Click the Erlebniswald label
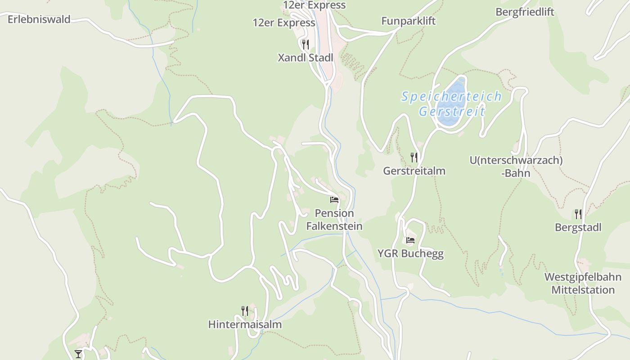[x=39, y=19]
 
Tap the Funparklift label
[x=408, y=21]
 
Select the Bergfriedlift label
[x=525, y=12]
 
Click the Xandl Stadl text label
[x=306, y=58]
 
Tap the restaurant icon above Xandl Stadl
[x=306, y=44]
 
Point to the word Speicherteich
[x=451, y=96]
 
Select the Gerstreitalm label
[x=414, y=171]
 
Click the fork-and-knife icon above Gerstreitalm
[x=414, y=157]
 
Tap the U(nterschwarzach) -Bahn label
[x=516, y=166]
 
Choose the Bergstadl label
[x=578, y=227]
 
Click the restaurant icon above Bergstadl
[x=578, y=214]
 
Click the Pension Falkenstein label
[x=334, y=220]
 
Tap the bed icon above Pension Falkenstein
[x=334, y=199]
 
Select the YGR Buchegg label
[x=410, y=253]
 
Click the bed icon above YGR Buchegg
[x=410, y=240]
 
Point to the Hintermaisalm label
[x=245, y=324]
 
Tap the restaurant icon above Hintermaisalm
[x=245, y=310]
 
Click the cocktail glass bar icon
[x=78, y=354]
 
